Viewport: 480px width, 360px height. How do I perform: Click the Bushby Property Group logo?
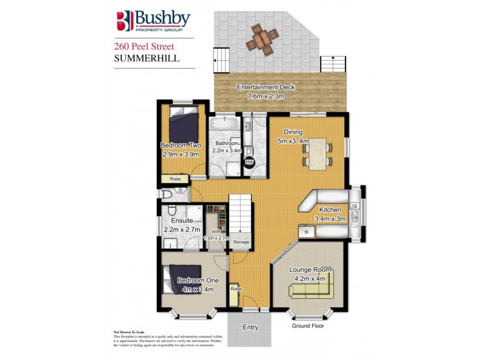click(153, 21)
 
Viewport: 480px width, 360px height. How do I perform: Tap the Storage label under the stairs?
click(241, 242)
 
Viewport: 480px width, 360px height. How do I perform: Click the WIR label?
click(214, 232)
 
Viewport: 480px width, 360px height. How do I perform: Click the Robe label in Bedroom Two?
click(175, 179)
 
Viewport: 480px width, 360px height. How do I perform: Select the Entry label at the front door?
click(250, 328)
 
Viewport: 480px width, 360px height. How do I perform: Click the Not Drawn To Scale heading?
click(129, 332)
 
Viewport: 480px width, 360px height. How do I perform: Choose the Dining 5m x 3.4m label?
click(293, 137)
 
